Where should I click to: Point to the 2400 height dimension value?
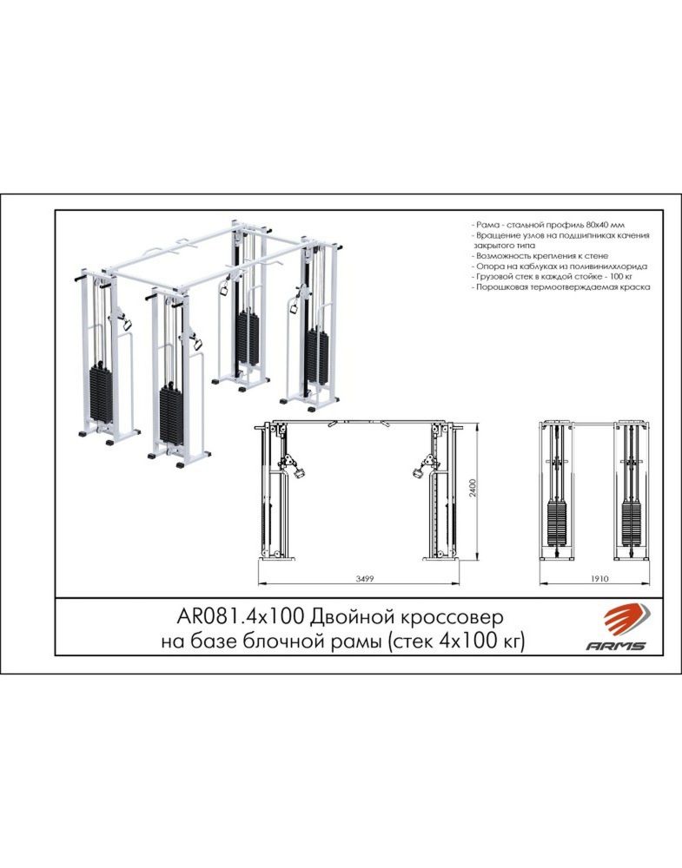click(x=473, y=488)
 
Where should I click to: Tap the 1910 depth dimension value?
click(x=599, y=579)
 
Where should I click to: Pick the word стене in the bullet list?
click(x=596, y=256)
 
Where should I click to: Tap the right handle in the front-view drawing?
click(x=417, y=473)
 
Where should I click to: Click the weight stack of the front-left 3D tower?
click(x=101, y=392)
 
